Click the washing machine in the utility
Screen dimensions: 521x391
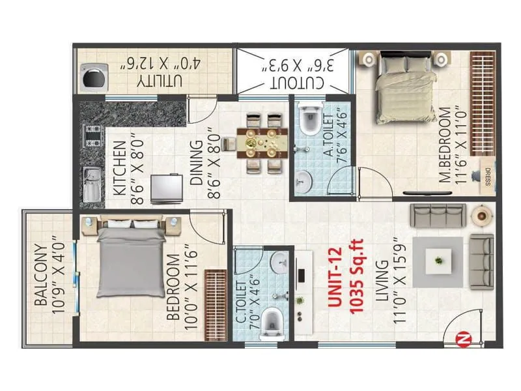[x=94, y=78]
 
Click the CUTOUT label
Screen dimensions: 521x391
[x=297, y=83]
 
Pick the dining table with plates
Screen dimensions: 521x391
[x=262, y=143]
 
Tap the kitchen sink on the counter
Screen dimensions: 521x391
[x=92, y=185]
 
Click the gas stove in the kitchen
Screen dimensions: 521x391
[x=93, y=136]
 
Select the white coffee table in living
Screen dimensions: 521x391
[x=438, y=261]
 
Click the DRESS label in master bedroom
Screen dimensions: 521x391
[x=488, y=177]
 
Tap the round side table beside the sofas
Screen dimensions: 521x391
[x=481, y=216]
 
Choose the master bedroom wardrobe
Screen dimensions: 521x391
[x=483, y=104]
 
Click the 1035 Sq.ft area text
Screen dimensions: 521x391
[x=357, y=276]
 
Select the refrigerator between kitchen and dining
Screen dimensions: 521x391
[x=167, y=188]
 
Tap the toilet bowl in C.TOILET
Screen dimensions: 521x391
[x=272, y=323]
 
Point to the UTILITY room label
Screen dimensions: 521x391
[x=160, y=81]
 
